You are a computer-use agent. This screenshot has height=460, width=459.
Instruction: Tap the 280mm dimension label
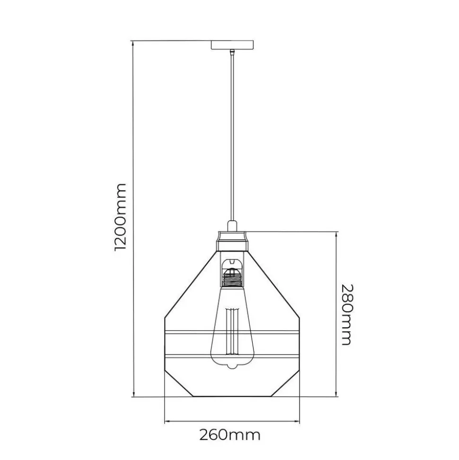pos(347,315)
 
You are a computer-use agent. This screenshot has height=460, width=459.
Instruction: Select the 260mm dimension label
pos(230,435)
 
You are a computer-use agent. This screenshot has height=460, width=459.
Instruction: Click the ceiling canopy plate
pos(232,45)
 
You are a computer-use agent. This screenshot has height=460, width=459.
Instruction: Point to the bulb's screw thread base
pos(232,278)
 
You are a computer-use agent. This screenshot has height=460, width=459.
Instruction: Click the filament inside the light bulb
pos(232,332)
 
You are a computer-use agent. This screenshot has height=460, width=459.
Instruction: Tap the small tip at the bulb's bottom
pos(232,366)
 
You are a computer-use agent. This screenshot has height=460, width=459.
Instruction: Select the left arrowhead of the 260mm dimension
pos(167,422)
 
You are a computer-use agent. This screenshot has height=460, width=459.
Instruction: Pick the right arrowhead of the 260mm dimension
pos(298,422)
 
